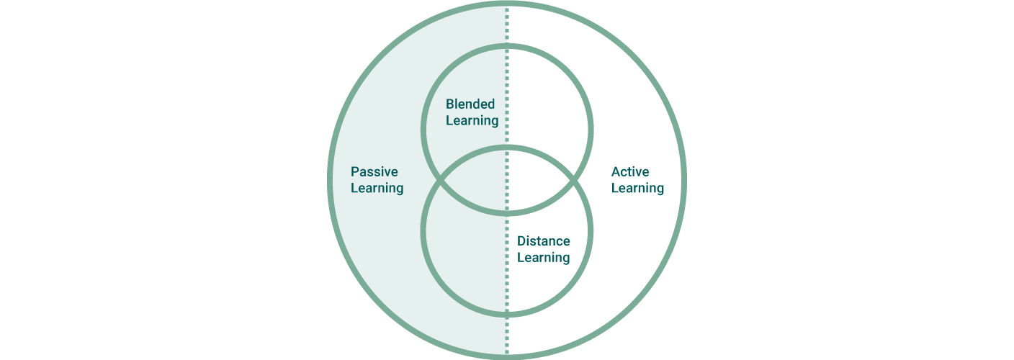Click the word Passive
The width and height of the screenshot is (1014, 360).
374,171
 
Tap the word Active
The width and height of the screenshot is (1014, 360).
630,171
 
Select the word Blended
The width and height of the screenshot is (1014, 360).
470,104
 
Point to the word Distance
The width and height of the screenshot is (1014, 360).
544,241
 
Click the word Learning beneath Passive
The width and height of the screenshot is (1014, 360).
377,189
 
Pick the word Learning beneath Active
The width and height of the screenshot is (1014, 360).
638,189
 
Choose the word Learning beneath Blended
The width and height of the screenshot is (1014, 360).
472,121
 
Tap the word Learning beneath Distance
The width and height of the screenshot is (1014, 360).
544,258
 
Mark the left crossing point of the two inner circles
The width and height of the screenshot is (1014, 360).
441,181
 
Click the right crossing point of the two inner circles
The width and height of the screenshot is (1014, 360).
573,181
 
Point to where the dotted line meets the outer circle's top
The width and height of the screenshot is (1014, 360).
507,4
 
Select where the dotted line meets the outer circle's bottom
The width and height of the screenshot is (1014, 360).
507,356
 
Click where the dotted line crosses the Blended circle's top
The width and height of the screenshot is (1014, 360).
507,46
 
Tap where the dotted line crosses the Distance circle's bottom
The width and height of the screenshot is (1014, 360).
507,314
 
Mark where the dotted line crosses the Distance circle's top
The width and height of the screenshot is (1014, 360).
507,148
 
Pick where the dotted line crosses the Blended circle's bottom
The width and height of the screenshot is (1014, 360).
507,212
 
